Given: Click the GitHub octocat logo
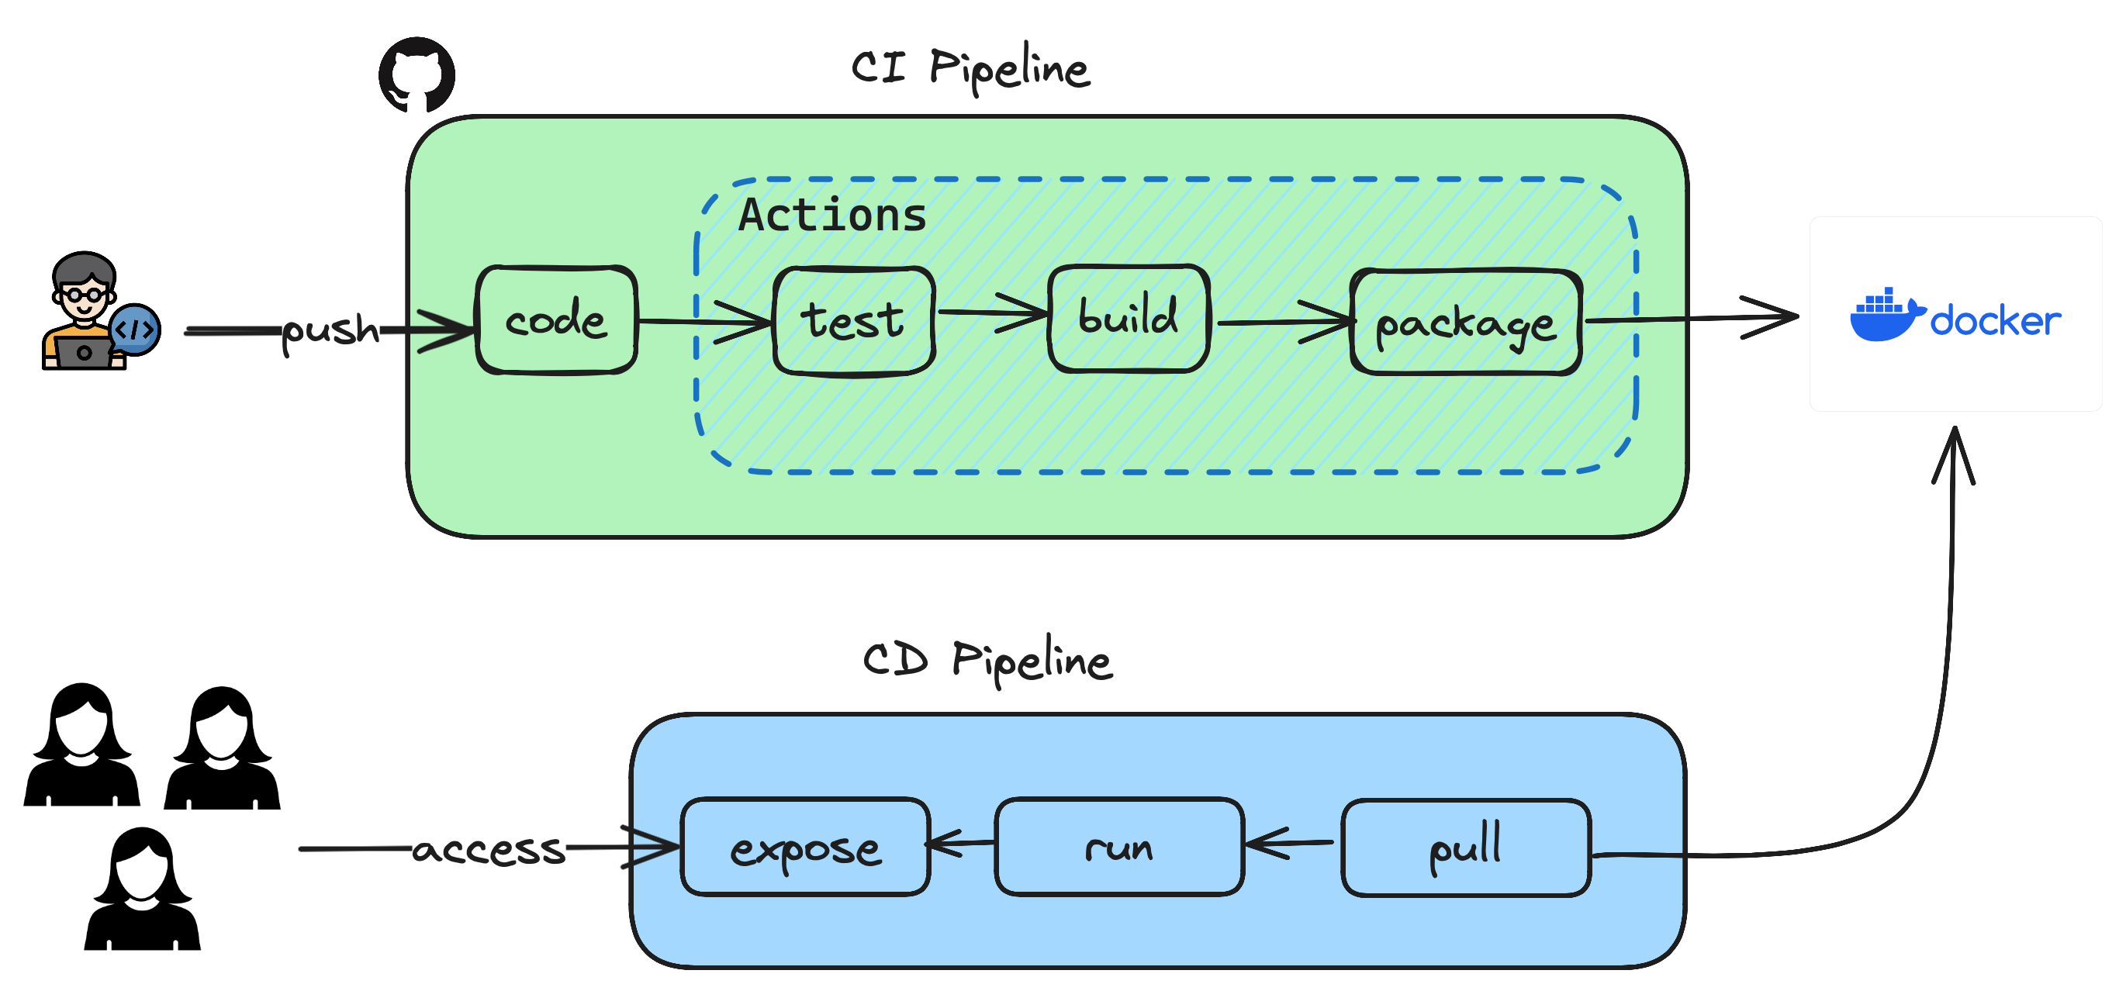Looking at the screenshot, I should coord(416,74).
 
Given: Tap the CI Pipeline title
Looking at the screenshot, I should coord(970,67).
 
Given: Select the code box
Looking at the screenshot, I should coord(556,320).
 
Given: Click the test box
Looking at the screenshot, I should coord(853,320).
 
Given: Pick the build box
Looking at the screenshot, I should coord(1129,319).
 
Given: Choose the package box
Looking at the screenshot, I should coord(1466,323).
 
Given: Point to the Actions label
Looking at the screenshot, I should coord(832,215).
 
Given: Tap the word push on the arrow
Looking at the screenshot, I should coord(330,330).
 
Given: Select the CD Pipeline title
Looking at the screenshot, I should coord(987,660).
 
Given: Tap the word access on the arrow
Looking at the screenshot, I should coord(489,849).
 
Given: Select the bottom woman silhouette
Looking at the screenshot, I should coord(142,889).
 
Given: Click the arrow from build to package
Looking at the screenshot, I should coord(1284,322).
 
